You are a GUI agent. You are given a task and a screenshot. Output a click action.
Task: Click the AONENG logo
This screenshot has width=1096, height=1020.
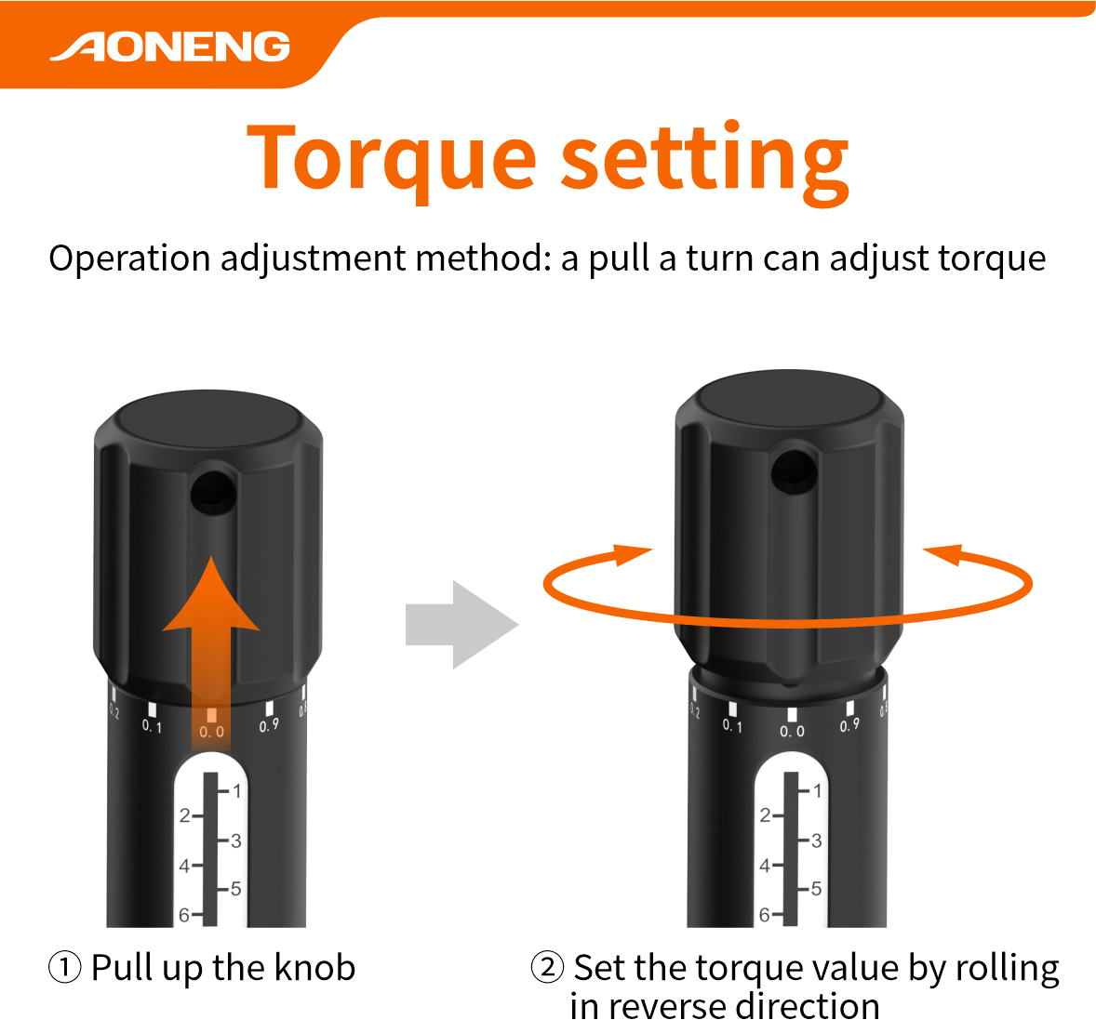point(170,46)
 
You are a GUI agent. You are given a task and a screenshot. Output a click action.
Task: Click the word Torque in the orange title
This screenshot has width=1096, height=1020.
point(392,160)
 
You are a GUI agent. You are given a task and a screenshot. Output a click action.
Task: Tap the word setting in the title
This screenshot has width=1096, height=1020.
point(705,162)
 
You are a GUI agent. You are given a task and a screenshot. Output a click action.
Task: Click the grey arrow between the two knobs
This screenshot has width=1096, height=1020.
point(462,624)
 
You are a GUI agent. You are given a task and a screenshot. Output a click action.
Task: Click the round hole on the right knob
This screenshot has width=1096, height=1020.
point(794,470)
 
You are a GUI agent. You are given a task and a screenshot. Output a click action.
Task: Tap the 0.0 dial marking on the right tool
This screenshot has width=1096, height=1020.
point(792,732)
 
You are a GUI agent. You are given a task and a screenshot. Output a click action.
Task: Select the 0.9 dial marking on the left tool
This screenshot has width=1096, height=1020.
point(269,725)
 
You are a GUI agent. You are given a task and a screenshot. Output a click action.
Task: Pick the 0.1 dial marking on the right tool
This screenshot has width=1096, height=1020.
point(732,726)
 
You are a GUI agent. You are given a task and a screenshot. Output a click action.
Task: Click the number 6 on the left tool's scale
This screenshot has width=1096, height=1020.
point(184,915)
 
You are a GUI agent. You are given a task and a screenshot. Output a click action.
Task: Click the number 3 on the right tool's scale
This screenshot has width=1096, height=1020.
point(816,841)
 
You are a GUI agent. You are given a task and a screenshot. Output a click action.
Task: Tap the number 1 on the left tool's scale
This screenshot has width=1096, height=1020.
point(237,791)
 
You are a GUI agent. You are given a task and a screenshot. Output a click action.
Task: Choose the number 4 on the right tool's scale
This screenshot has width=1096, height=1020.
point(765,866)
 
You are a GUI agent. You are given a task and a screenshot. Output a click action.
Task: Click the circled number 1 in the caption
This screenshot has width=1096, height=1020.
point(64,968)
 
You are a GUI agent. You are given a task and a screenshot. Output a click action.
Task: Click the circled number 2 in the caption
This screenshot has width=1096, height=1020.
point(547,968)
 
